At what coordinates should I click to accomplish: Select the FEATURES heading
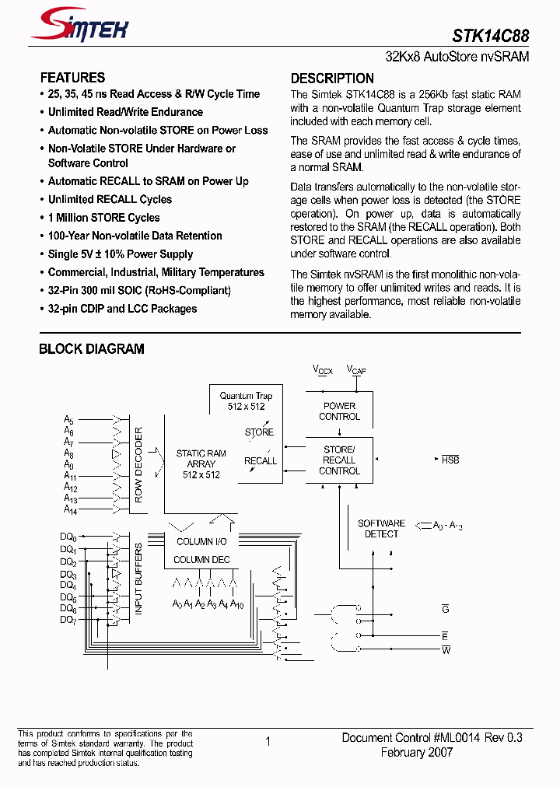click(72, 78)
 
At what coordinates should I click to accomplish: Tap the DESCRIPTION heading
click(332, 78)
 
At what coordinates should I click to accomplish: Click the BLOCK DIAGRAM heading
click(91, 349)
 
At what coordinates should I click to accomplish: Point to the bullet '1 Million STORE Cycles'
click(103, 218)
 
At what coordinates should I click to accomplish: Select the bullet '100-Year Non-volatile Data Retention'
click(135, 236)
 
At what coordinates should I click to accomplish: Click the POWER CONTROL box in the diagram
click(339, 411)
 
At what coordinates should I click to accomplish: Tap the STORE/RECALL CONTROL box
click(339, 460)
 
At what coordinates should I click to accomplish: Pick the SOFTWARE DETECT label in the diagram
click(381, 529)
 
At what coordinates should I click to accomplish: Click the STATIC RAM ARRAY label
click(201, 463)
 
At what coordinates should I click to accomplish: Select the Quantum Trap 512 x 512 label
click(246, 400)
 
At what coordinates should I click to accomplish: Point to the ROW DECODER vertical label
click(139, 464)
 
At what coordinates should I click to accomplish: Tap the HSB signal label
click(450, 460)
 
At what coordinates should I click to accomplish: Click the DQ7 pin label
click(68, 620)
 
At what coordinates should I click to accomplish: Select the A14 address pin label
click(71, 509)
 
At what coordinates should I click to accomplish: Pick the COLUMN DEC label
click(201, 559)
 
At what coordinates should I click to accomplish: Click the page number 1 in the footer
click(268, 741)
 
